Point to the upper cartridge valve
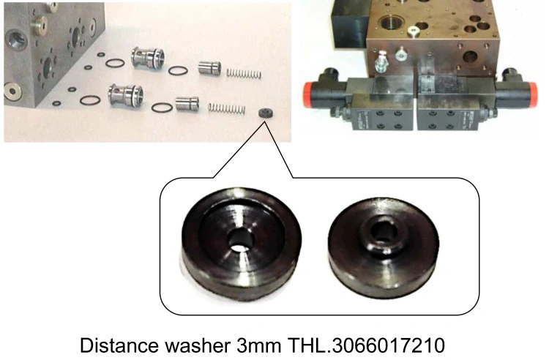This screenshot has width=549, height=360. click(144, 59)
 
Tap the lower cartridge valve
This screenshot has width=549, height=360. click(122, 94)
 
